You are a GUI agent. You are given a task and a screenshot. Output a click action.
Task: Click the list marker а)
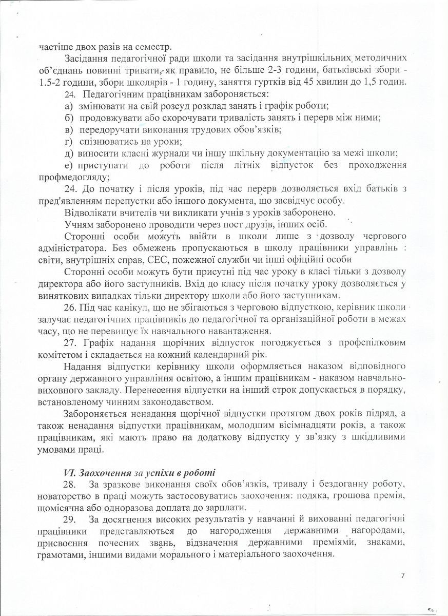(69, 106)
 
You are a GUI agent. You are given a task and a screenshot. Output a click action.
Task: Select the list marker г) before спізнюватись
(69, 141)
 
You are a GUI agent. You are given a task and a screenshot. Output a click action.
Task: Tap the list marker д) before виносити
(69, 153)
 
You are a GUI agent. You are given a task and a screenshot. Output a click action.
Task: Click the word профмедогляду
(73, 177)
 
